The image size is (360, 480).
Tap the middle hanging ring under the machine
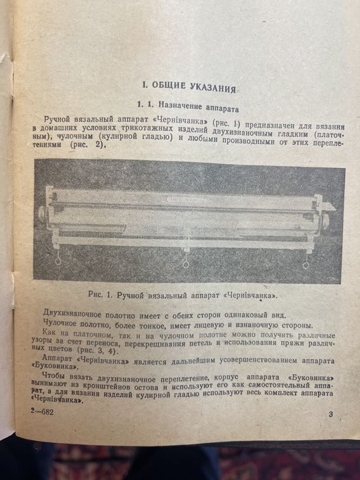coord(186,264)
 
